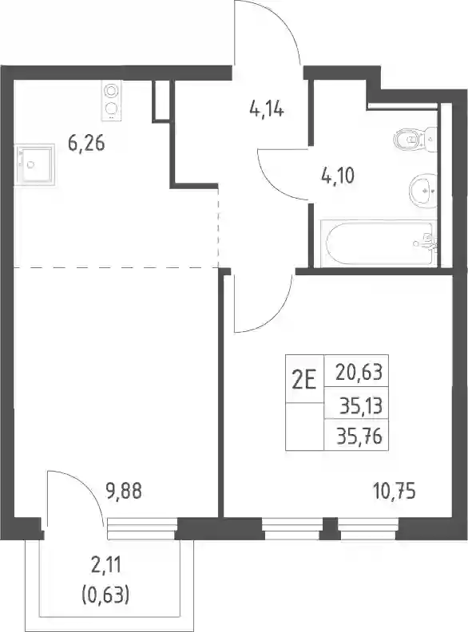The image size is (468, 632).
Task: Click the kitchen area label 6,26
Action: click(87, 144)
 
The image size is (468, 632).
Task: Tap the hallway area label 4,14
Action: click(267, 109)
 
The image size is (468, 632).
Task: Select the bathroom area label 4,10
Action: click(338, 176)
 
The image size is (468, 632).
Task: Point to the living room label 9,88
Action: click(124, 492)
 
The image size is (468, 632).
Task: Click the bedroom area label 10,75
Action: click(395, 492)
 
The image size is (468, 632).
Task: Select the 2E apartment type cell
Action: click(304, 379)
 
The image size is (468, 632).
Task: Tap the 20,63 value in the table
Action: click(359, 372)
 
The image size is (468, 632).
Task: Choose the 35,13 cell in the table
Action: click(361, 406)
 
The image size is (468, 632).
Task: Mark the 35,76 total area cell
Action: click(359, 436)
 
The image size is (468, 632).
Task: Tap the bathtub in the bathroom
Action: click(379, 243)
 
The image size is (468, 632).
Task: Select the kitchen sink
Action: click(34, 164)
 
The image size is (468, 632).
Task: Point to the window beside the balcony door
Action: click(142, 529)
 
